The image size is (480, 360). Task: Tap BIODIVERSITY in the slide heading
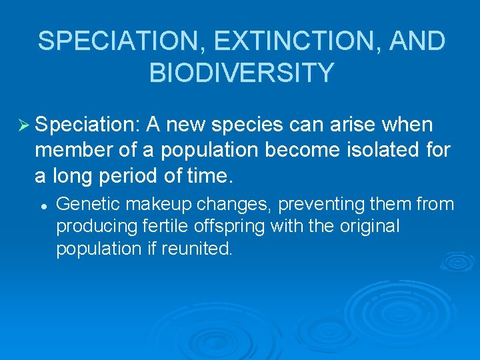click(241, 73)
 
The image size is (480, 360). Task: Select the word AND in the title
click(417, 41)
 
